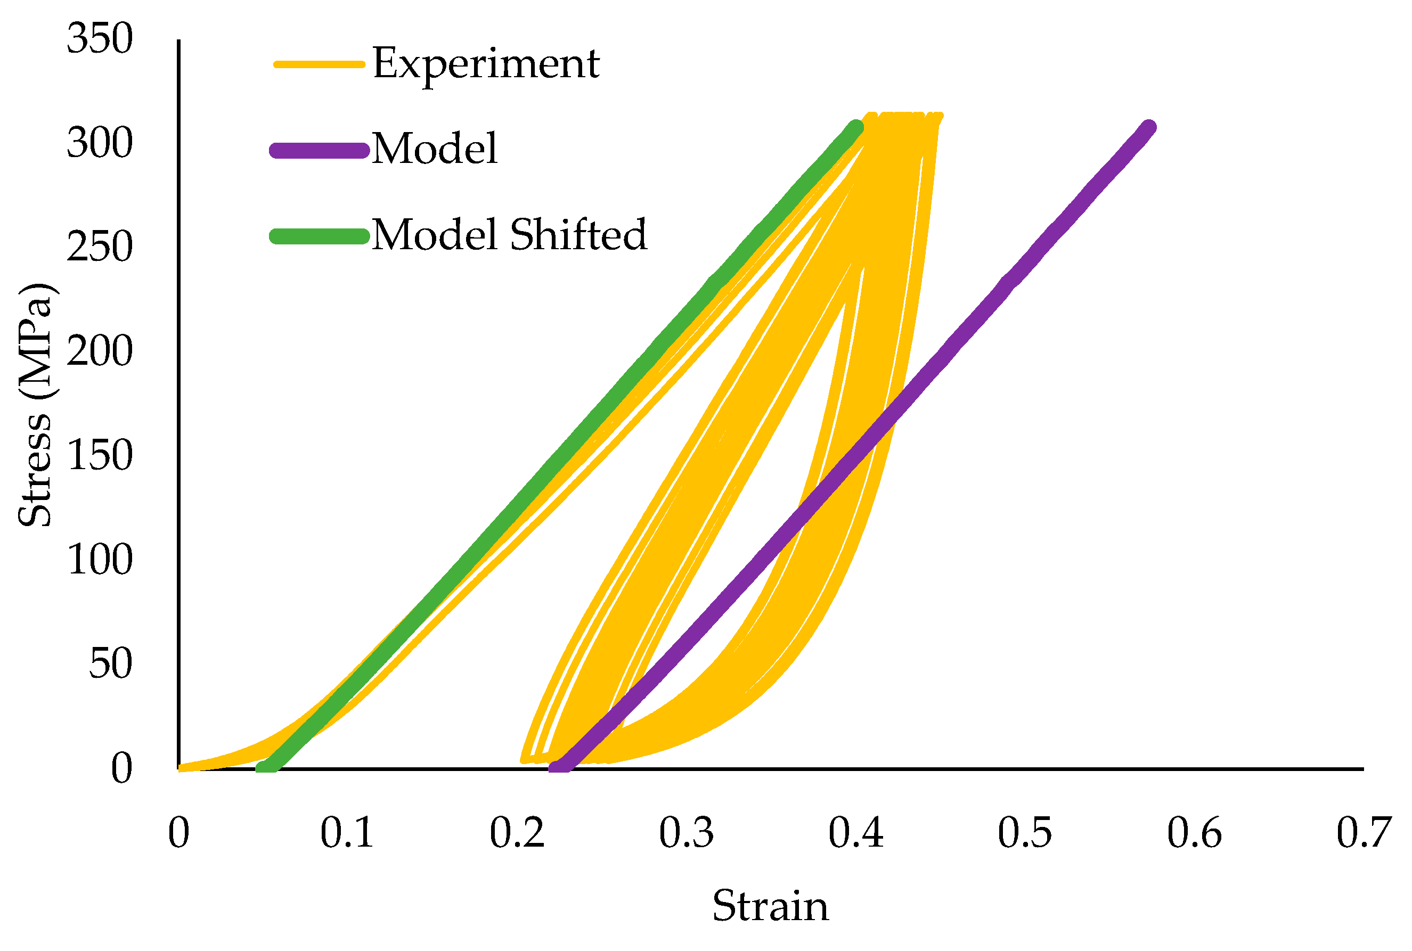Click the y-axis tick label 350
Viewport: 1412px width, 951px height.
100,39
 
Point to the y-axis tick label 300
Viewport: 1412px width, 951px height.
100,144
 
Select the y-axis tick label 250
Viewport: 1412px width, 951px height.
100,248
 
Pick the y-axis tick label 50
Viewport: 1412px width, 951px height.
110,663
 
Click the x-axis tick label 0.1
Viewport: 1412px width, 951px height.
346,833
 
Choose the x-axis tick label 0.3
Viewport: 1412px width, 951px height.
686,833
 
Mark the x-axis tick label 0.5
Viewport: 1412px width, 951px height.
1024,833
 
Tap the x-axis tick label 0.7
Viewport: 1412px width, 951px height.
1364,833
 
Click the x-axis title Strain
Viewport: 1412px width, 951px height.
770,907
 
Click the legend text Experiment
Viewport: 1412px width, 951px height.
486,64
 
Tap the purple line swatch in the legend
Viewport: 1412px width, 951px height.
319,150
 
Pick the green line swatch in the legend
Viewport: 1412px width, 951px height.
319,236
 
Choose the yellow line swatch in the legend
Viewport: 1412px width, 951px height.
319,64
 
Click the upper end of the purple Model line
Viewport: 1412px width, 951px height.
1148,127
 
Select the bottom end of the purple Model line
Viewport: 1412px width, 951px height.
559,767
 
